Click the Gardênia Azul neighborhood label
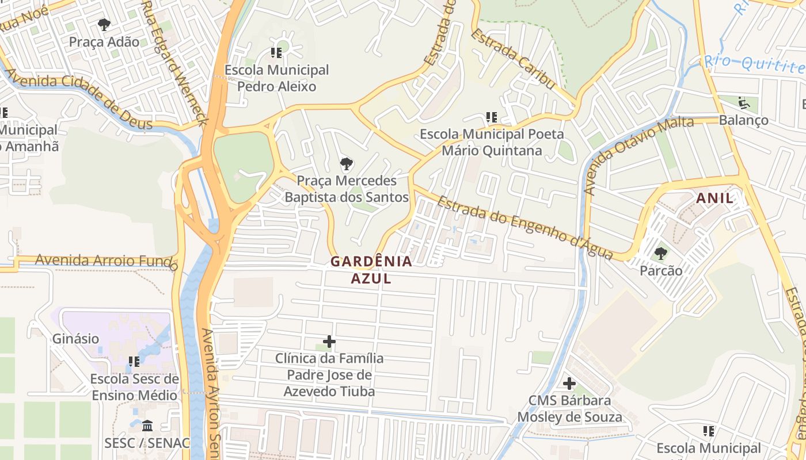(x=371, y=270)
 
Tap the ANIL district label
(x=715, y=198)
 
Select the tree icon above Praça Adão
(x=104, y=25)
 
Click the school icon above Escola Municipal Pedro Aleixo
(x=276, y=53)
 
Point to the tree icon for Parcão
(x=661, y=253)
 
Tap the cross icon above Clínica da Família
(x=329, y=342)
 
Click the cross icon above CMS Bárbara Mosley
(x=569, y=384)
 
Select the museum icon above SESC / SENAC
(x=147, y=426)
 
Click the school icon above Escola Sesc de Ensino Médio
(x=134, y=362)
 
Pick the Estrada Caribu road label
(x=513, y=59)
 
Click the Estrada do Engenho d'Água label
(x=524, y=228)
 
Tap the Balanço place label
(x=743, y=120)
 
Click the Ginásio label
(x=76, y=339)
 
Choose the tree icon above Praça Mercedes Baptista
(x=346, y=164)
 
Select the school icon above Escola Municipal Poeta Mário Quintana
(x=491, y=117)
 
